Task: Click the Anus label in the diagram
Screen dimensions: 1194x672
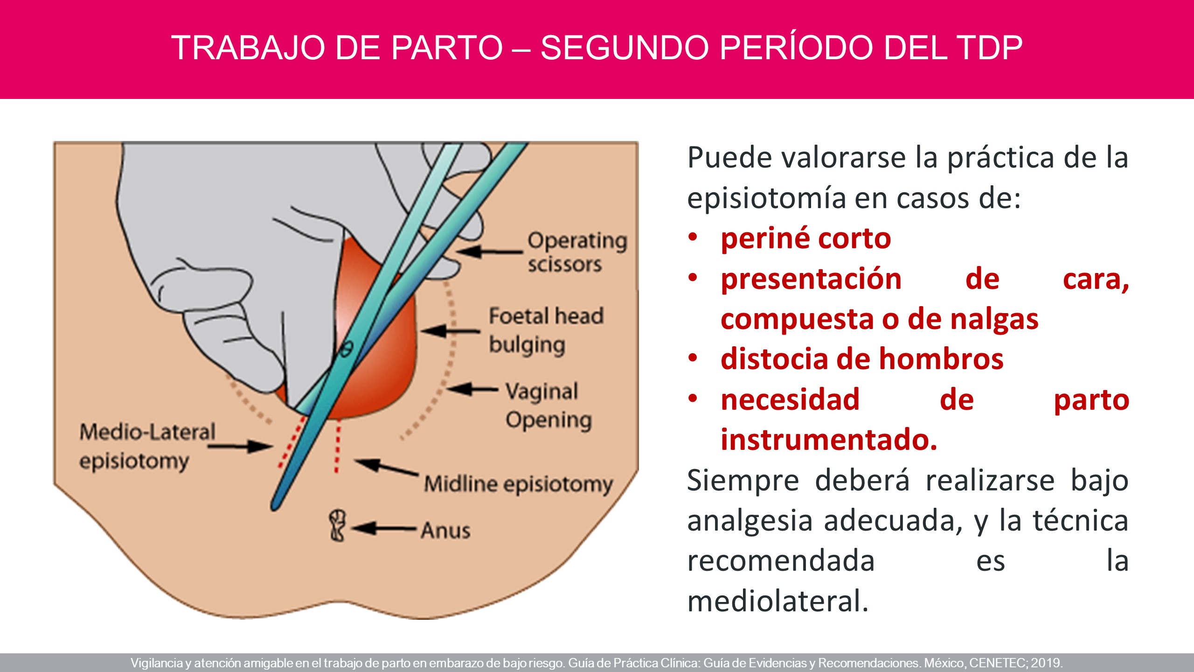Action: (x=445, y=530)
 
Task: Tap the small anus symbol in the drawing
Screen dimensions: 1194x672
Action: (x=337, y=525)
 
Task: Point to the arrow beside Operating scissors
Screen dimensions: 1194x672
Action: (x=489, y=252)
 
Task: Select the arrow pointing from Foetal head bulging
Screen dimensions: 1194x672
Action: (x=451, y=331)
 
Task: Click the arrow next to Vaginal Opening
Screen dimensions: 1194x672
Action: (x=472, y=389)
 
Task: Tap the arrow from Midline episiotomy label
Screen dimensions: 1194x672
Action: (x=387, y=468)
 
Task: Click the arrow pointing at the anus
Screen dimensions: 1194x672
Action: (x=384, y=529)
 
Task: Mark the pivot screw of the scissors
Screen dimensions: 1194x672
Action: (x=347, y=349)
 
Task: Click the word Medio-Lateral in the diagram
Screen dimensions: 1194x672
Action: (x=147, y=432)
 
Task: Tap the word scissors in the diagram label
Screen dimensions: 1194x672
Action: (x=565, y=265)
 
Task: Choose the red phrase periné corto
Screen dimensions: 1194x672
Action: (x=806, y=238)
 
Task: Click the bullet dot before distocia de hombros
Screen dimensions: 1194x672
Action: (x=693, y=358)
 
